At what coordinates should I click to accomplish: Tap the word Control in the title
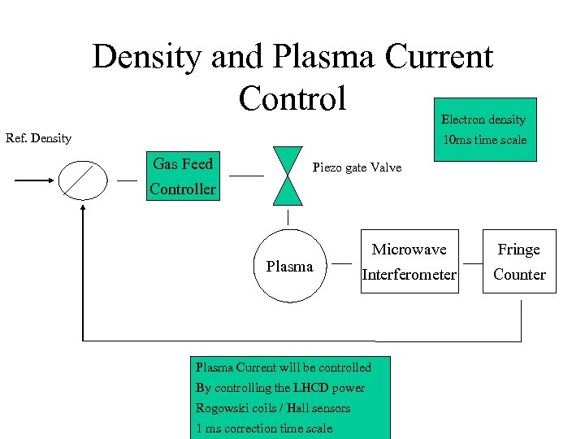coord(292,98)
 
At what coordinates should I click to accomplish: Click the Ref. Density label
coord(38,138)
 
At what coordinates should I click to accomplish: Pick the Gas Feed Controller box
coord(183,176)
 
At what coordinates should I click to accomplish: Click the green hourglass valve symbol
coord(287,176)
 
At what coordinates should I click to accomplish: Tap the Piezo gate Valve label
coord(357,167)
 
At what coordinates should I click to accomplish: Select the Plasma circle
coord(289,267)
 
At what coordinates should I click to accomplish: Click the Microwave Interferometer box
coord(409,261)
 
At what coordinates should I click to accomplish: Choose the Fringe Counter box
coord(519,261)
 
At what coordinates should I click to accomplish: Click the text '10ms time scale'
coord(484,140)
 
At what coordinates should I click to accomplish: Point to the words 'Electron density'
coord(483,120)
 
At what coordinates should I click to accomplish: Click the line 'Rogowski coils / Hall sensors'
coord(273,408)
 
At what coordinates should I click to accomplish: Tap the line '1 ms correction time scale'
coord(264,428)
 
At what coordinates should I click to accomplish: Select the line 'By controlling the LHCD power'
coord(280,388)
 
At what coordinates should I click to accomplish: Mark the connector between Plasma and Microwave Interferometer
coord(342,263)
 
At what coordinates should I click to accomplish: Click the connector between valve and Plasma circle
coord(288,218)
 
